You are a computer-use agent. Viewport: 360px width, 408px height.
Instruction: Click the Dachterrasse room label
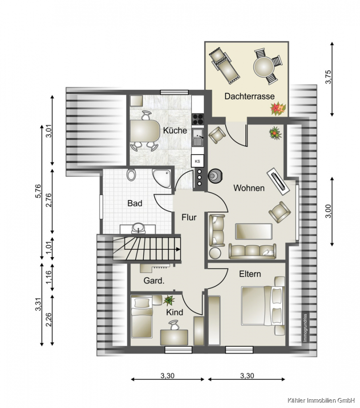pyautogui.click(x=249, y=96)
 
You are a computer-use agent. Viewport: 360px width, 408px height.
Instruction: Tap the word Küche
pyautogui.click(x=175, y=131)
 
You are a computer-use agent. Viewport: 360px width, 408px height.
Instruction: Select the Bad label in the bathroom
pyautogui.click(x=135, y=203)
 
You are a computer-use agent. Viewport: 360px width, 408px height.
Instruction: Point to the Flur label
pyautogui.click(x=189, y=217)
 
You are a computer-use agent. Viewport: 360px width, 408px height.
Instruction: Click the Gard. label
pyautogui.click(x=154, y=281)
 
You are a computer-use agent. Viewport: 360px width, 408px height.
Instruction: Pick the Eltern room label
pyautogui.click(x=250, y=274)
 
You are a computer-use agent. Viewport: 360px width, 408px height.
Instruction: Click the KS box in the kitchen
pyautogui.click(x=197, y=161)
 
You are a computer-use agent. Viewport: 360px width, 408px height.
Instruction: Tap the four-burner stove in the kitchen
pyautogui.click(x=198, y=119)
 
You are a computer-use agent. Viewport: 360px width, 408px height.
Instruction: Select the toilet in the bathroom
pyautogui.click(x=131, y=175)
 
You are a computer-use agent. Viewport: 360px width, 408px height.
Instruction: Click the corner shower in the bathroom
pyautogui.click(x=162, y=179)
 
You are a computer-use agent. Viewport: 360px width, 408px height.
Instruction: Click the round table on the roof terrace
pyautogui.click(x=264, y=67)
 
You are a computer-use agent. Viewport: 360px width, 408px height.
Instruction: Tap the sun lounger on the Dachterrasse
pyautogui.click(x=224, y=66)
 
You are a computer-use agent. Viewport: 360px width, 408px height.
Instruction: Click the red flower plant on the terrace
pyautogui.click(x=278, y=109)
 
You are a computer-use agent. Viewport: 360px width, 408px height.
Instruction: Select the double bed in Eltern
pyautogui.click(x=263, y=306)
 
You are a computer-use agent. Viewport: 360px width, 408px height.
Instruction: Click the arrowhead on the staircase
pyautogui.click(x=178, y=249)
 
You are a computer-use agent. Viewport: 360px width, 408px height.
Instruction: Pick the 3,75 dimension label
pyautogui.click(x=329, y=77)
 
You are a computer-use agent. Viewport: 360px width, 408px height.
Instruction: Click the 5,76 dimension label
pyautogui.click(x=38, y=191)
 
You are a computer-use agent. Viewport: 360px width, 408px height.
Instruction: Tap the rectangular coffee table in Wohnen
pyautogui.click(x=254, y=231)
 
